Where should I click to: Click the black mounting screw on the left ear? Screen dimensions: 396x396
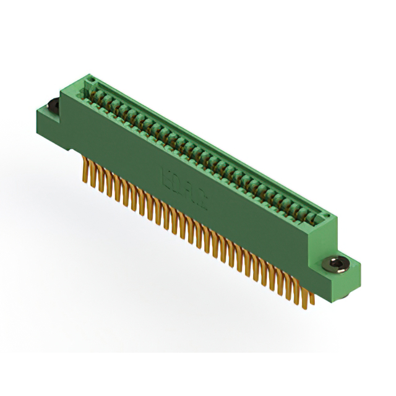point(51,106)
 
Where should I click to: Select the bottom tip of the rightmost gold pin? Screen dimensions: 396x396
point(312,304)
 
